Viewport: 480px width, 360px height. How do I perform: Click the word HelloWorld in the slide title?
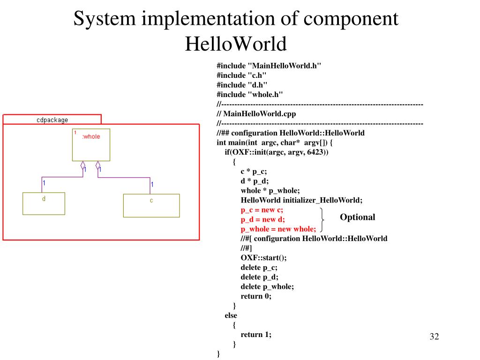click(x=235, y=44)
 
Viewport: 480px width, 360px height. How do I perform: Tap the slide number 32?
click(x=434, y=337)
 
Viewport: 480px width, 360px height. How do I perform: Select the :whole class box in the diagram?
click(x=91, y=145)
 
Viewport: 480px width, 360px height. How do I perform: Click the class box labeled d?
click(x=44, y=203)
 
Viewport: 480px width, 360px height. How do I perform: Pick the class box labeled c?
click(x=151, y=206)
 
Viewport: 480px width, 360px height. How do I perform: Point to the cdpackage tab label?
click(x=52, y=120)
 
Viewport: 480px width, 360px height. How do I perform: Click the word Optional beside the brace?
click(x=357, y=217)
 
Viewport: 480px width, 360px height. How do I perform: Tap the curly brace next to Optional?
click(x=323, y=219)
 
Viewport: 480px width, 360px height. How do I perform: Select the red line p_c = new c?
click(x=262, y=210)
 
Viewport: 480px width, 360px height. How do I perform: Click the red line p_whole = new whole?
click(x=278, y=229)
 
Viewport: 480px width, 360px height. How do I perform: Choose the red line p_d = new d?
click(x=262, y=219)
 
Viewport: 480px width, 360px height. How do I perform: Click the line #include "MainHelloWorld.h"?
click(x=269, y=66)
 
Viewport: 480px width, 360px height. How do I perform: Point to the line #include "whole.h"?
click(x=250, y=94)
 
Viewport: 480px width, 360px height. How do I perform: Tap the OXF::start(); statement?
click(x=263, y=258)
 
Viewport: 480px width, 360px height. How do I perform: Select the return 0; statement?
click(x=256, y=296)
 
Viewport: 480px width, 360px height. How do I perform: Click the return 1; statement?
click(x=256, y=334)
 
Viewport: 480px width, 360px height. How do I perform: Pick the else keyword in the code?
click(x=231, y=315)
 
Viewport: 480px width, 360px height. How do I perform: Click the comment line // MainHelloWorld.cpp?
click(x=256, y=113)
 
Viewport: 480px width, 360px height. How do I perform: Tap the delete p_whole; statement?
click(x=267, y=286)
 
